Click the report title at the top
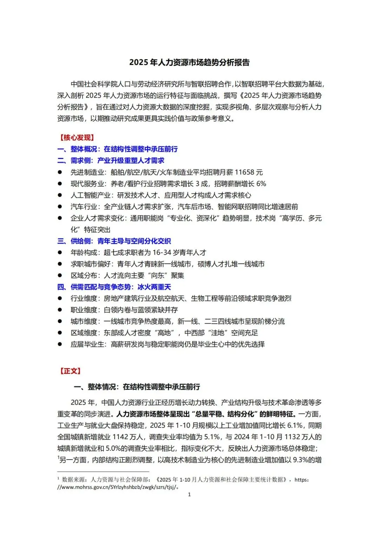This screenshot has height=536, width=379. (189, 62)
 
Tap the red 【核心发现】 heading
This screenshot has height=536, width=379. (77, 138)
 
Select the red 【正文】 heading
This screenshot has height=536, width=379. (70, 371)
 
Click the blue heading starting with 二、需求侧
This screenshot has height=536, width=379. (111, 161)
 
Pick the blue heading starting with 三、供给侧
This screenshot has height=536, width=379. (114, 241)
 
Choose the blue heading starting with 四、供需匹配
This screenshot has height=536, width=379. (114, 287)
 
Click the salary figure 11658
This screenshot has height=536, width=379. (244, 172)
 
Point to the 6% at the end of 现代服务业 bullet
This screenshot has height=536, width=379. (261, 184)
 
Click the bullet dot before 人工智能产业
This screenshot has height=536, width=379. (60, 195)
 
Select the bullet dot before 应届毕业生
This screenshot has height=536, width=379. (60, 344)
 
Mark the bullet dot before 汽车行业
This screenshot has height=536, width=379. (60, 207)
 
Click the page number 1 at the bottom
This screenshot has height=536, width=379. (189, 495)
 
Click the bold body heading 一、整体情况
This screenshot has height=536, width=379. (137, 387)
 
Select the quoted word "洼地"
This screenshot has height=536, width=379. (218, 333)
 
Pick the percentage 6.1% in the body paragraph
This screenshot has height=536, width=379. (295, 425)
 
